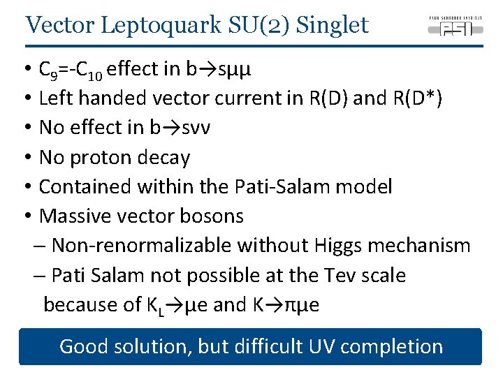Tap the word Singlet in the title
tap(332, 25)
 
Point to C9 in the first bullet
tap(48, 70)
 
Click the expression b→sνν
tap(175, 128)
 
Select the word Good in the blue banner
tap(82, 346)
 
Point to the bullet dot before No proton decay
tap(25, 158)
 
